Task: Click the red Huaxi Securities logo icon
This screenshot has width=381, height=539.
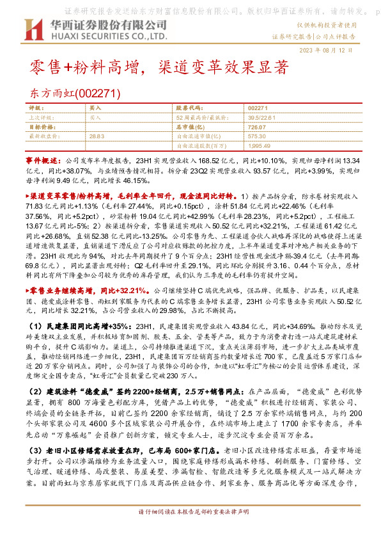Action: point(33,30)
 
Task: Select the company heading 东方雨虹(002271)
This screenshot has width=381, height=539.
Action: point(75,93)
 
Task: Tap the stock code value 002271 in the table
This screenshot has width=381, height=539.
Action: point(258,109)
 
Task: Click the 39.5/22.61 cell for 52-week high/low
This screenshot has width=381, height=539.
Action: point(262,118)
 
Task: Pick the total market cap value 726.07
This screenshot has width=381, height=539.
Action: point(258,127)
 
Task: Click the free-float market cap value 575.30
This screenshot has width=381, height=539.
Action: point(257,136)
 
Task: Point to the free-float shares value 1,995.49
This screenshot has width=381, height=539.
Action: point(259,145)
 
